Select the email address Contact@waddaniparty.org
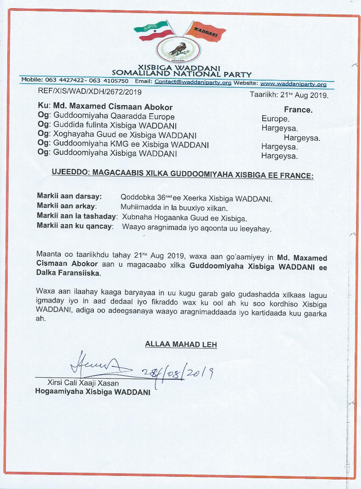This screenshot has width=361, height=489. point(193,82)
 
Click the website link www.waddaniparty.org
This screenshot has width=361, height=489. point(293,84)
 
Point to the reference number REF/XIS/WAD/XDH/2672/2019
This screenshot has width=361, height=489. point(90,92)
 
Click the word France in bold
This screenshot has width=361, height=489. point(298,110)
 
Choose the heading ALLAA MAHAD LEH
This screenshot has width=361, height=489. point(181,345)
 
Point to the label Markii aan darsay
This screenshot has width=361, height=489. point(69,197)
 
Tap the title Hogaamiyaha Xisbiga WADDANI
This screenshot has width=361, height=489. point(92,392)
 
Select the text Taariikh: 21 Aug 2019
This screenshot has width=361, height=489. point(289,96)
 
